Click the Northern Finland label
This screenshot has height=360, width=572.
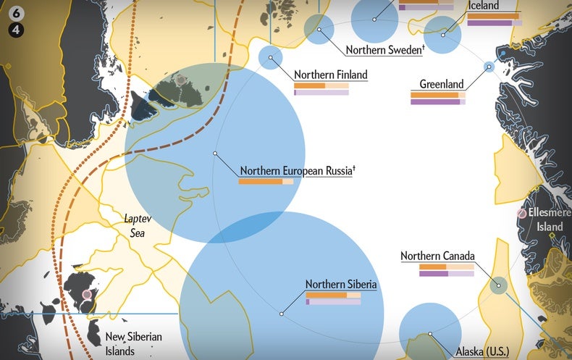tap(331, 75)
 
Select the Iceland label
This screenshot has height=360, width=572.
tap(484, 6)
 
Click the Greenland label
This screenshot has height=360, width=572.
tap(442, 84)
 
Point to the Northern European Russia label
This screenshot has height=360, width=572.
tap(297, 171)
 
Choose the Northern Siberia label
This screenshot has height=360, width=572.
tap(341, 285)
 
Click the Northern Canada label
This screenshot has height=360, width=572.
tap(437, 256)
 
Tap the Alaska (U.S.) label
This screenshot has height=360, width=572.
tap(482, 352)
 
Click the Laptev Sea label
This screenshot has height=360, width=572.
tap(135, 224)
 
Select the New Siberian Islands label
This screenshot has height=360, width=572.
tap(134, 343)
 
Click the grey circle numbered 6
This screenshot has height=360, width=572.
tap(16, 16)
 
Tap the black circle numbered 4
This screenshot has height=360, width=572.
tap(16, 30)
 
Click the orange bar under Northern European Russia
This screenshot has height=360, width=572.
tap(261, 182)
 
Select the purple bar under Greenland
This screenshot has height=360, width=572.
tap(435, 102)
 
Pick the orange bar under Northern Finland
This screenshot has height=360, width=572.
tap(310, 85)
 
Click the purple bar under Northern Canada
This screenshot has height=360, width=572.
tap(434, 274)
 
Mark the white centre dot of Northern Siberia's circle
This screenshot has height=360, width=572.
tap(281, 314)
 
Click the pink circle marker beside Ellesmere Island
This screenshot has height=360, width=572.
tap(522, 214)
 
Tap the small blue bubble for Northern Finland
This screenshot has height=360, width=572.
tap(270, 58)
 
